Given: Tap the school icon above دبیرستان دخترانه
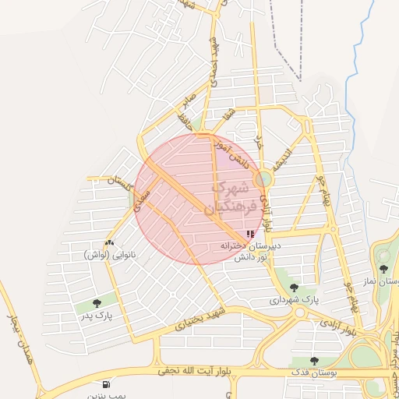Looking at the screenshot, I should (249, 234).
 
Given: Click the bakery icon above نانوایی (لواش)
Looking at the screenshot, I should (108, 244).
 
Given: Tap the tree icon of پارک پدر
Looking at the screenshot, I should (97, 303).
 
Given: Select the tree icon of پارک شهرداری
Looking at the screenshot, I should (294, 288).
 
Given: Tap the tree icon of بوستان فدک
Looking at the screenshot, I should (314, 361).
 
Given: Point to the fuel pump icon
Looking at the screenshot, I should (106, 384).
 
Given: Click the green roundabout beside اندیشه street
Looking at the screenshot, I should (263, 179).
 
